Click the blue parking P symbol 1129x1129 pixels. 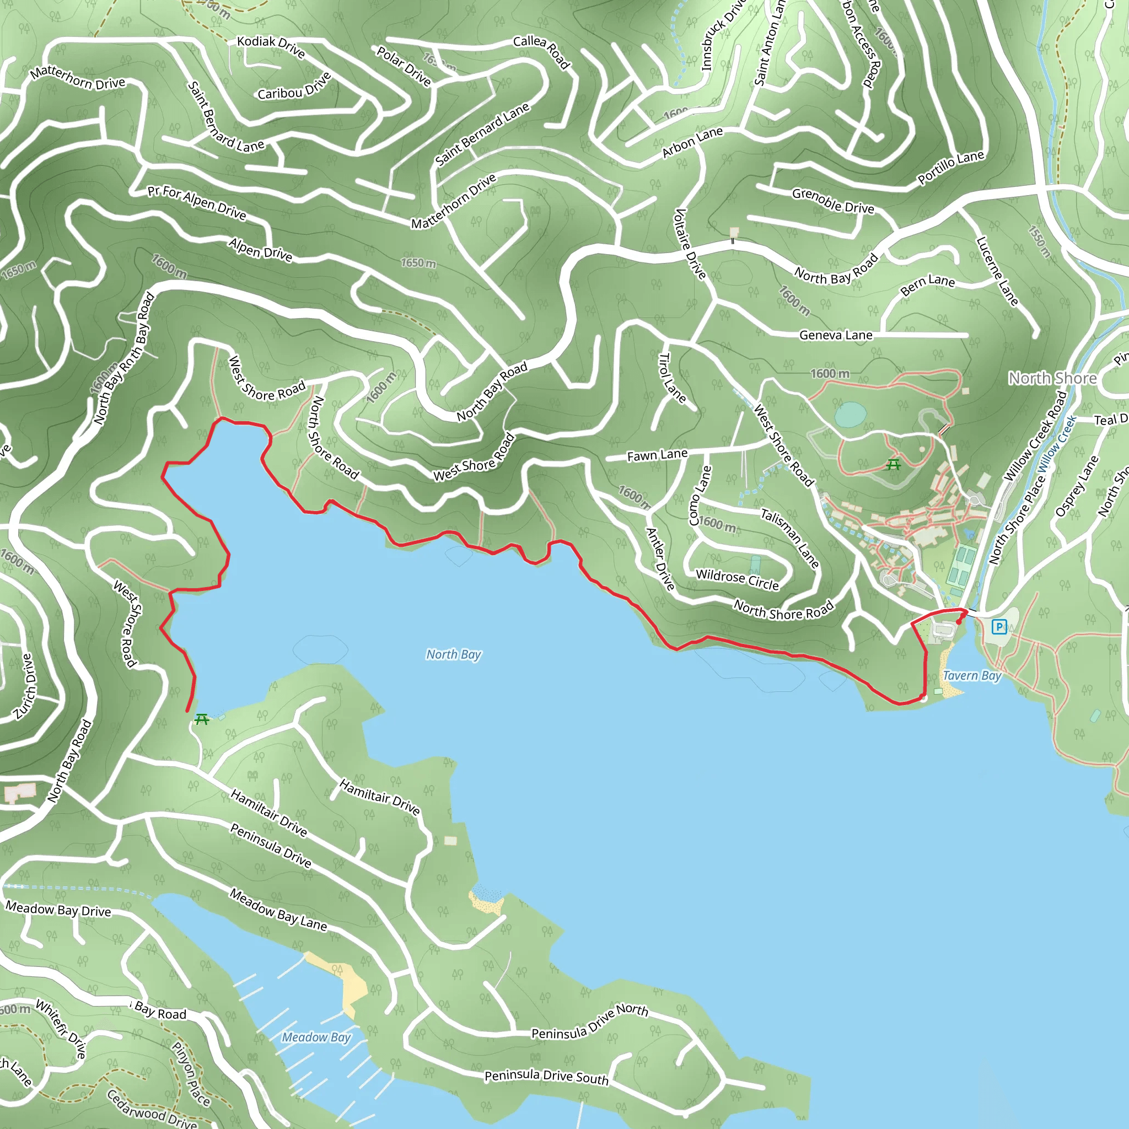click(999, 627)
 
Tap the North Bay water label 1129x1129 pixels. click(454, 654)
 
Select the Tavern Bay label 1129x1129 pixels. click(972, 675)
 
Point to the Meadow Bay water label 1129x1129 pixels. click(316, 1037)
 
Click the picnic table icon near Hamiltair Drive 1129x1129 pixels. click(202, 719)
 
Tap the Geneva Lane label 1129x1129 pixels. click(836, 335)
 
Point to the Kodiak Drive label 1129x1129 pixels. click(271, 46)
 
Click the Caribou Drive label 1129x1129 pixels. click(294, 87)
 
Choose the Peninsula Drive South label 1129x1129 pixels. click(546, 1077)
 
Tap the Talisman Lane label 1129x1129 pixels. click(789, 538)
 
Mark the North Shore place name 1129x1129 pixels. click(1052, 379)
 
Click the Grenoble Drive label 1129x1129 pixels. click(833, 201)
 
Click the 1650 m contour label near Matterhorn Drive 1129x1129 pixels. click(418, 263)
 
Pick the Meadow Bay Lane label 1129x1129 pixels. click(278, 910)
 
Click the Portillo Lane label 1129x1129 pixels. click(951, 167)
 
